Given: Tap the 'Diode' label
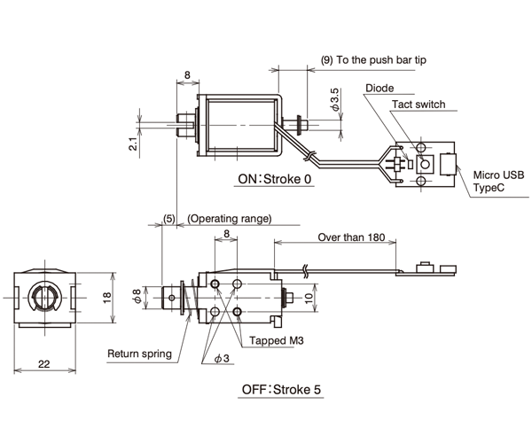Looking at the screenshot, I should [x=379, y=89].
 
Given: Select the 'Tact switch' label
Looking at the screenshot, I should [x=419, y=105].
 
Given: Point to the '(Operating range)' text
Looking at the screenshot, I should [x=231, y=218].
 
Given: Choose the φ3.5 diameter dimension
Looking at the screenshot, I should [x=334, y=99].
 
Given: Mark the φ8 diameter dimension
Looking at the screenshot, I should [x=136, y=296].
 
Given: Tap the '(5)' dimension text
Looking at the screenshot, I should [x=168, y=218].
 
